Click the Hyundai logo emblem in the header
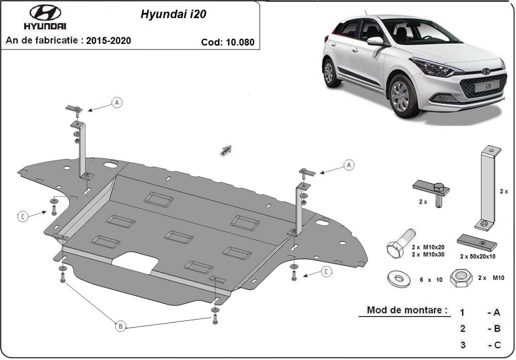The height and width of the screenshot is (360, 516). click(45, 12)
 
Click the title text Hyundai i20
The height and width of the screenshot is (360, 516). click(173, 14)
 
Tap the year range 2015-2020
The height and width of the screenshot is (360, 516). click(108, 41)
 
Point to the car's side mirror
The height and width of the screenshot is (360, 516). click(375, 41)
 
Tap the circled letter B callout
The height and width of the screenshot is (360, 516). click(121, 326)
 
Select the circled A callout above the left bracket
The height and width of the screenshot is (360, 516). click(117, 102)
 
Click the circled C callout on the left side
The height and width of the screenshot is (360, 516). click(23, 217)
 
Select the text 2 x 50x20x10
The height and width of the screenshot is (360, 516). click(477, 257)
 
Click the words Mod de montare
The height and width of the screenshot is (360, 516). click(406, 310)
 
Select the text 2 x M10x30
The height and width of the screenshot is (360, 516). click(428, 254)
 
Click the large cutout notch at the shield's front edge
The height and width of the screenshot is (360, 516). click(135, 262)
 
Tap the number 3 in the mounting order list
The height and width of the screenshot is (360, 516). click(463, 345)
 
